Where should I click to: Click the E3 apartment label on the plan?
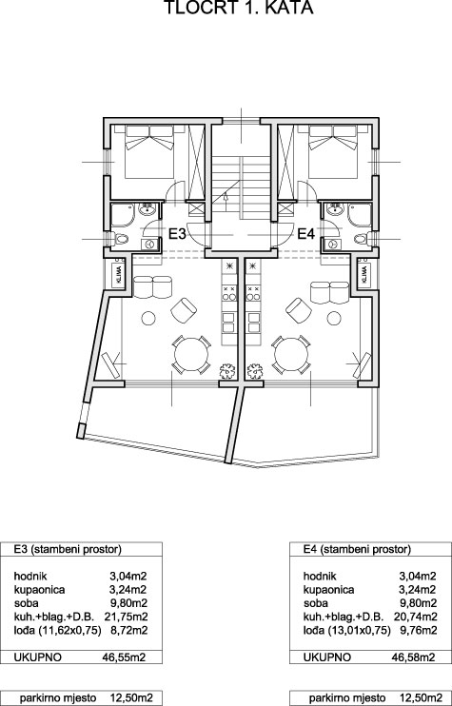point(177,234)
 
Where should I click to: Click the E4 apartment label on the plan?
point(306,234)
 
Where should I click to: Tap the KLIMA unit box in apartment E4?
point(364,273)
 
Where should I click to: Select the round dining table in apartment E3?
point(192,354)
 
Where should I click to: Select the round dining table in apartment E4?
point(291,354)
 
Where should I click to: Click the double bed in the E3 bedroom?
point(149,151)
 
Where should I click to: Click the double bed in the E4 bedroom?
point(334,151)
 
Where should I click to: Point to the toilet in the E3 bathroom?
point(120,239)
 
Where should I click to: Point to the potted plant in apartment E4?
point(255,371)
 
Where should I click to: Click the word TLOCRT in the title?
point(196,8)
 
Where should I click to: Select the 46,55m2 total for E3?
point(125,657)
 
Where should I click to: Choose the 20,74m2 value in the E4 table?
point(415,617)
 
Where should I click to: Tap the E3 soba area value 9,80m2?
point(128,603)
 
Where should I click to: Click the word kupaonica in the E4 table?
point(328,590)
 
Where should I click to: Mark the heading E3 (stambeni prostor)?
point(68,549)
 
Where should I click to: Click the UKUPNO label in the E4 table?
point(326,657)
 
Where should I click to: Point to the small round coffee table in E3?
point(148,319)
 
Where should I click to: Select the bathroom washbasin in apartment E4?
point(334,209)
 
